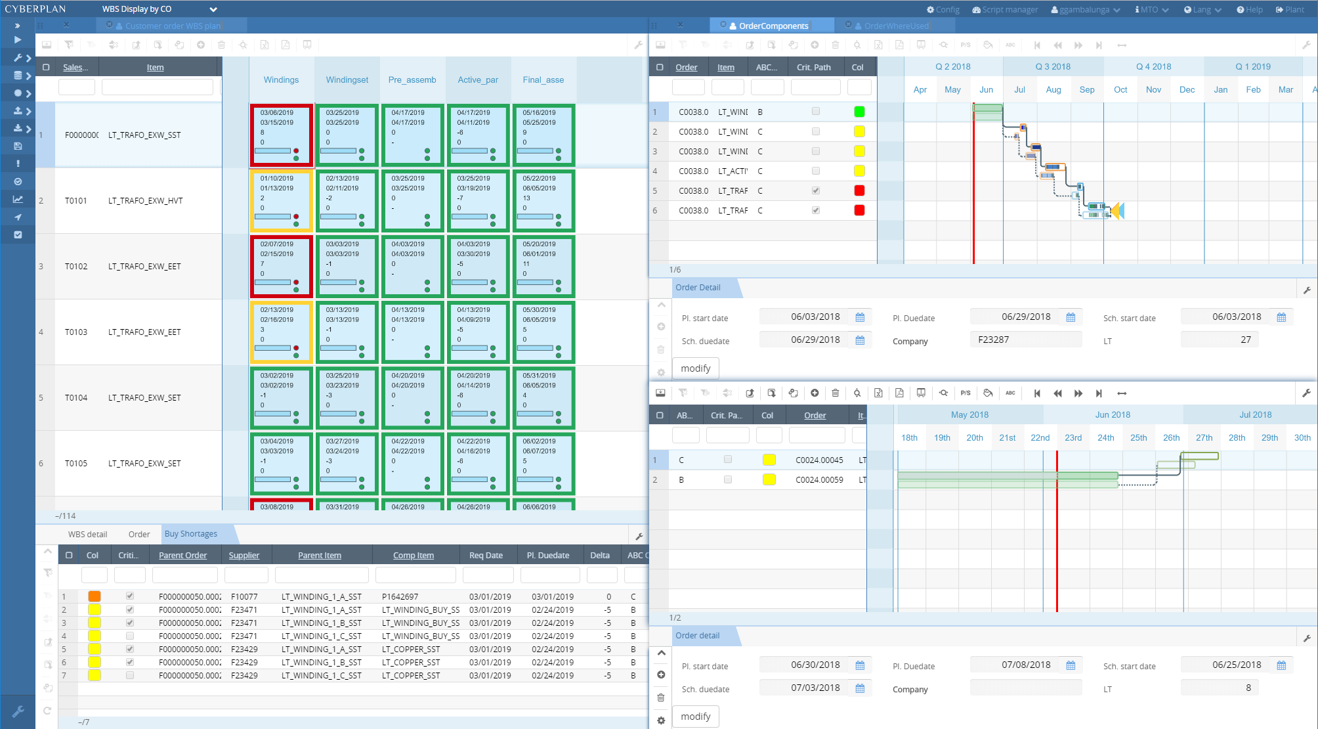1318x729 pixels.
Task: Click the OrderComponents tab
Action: click(773, 26)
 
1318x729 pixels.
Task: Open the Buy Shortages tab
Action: click(190, 534)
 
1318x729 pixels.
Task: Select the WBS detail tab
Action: click(87, 535)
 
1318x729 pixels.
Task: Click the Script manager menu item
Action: click(1005, 9)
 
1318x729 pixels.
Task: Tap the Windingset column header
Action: click(347, 79)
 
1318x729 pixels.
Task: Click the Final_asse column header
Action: click(543, 79)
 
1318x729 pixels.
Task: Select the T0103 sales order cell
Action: click(76, 332)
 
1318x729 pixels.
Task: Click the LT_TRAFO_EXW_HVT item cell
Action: click(146, 201)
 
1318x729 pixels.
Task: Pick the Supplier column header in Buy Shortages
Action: click(244, 556)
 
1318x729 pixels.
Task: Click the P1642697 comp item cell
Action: click(400, 597)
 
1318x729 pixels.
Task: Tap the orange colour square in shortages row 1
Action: click(95, 596)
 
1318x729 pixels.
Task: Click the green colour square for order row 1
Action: click(859, 112)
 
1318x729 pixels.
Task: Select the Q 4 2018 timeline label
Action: click(1153, 66)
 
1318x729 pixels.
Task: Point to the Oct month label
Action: click(1120, 89)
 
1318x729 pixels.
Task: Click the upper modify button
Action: click(695, 368)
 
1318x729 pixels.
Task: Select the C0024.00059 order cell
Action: click(819, 480)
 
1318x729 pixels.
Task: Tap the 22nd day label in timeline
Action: click(1040, 437)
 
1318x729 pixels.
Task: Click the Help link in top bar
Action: click(1250, 9)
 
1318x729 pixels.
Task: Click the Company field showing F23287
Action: click(1025, 340)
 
